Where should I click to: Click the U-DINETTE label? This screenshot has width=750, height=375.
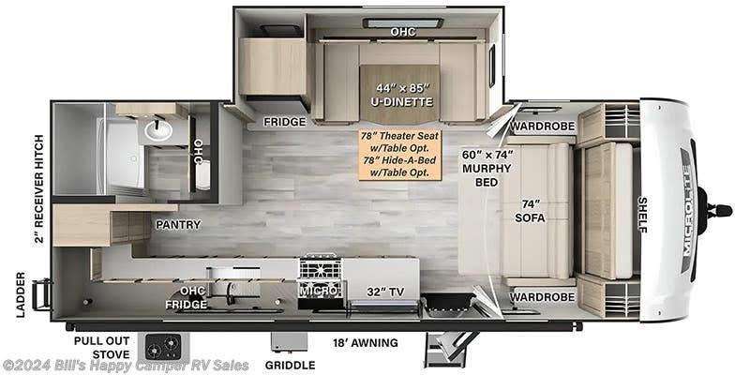click(403, 102)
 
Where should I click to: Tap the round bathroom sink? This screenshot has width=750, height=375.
click(157, 129)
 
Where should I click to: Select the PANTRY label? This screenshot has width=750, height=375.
click(177, 224)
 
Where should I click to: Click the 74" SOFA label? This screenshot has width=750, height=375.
click(530, 211)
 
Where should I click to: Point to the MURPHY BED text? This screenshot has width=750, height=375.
click(487, 175)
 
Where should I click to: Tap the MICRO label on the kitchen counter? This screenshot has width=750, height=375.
click(321, 291)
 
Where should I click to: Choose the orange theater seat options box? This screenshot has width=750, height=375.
click(400, 154)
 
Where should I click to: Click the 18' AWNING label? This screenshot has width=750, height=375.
click(366, 342)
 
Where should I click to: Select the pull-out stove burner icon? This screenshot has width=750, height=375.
click(163, 345)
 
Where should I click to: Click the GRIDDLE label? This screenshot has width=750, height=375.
click(292, 366)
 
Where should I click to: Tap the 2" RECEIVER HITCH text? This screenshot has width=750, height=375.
click(39, 188)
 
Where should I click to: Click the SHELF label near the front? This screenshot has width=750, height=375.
click(643, 215)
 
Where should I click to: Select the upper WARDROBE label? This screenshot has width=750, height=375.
click(543, 127)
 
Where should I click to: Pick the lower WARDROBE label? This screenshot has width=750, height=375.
click(543, 297)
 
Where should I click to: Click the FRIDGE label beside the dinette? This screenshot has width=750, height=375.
click(285, 122)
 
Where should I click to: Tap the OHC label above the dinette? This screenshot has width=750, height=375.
click(403, 32)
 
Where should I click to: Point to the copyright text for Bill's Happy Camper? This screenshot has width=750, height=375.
click(126, 366)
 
